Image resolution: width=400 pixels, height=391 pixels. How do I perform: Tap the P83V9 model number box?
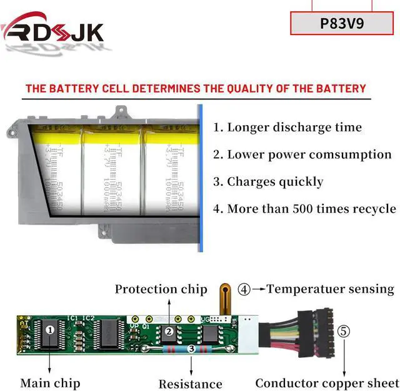point(342,24)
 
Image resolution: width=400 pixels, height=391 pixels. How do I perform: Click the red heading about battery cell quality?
point(195,88)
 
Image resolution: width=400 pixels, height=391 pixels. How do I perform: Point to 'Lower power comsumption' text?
point(302,155)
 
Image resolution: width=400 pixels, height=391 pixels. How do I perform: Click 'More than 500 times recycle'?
point(304,209)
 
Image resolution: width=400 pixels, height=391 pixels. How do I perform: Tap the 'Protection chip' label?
point(161,289)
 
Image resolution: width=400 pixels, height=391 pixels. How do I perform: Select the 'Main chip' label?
point(50,382)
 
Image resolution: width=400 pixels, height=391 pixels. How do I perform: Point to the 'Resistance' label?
point(190,383)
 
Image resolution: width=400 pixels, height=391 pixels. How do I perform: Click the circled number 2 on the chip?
point(168,332)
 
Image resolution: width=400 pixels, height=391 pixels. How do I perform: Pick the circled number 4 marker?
point(244,290)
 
